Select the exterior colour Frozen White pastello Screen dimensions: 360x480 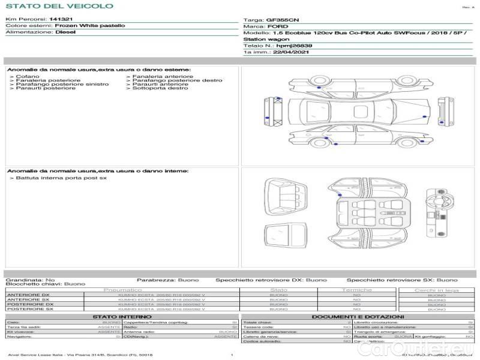89,26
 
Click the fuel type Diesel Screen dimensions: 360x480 65,32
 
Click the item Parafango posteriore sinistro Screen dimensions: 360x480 62,85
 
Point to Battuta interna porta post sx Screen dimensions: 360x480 61,178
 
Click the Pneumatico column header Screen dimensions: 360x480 123,290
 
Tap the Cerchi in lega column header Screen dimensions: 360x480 436,290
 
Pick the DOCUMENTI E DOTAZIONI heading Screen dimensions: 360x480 358,316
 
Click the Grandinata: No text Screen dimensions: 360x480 31,280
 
